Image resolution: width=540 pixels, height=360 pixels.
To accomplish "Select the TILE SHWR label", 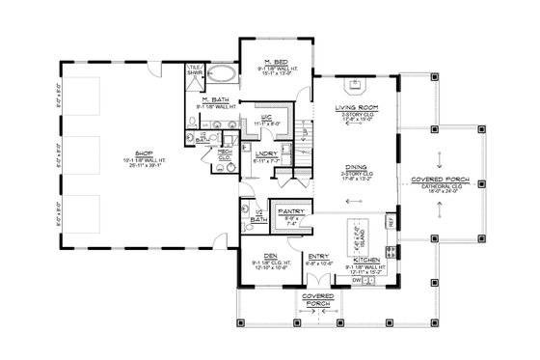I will coord(193,69).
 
